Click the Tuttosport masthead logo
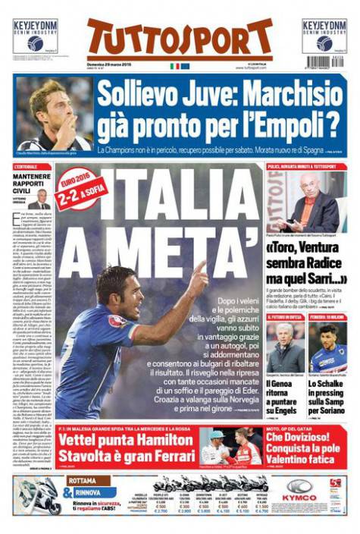(180, 39)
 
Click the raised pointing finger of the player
(199, 269)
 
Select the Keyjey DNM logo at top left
(35, 35)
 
